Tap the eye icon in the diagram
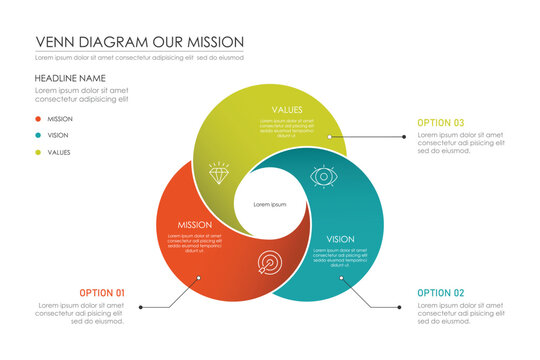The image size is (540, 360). click(322, 176)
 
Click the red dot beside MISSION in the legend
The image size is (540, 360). click(37, 119)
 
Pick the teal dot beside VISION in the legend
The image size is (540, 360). click(37, 136)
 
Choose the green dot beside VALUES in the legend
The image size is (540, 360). click(37, 153)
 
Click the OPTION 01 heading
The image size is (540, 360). click(102, 293)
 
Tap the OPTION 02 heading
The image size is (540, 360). click(441, 293)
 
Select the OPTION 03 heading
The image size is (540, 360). click(441, 123)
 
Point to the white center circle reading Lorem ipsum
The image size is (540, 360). click(270, 204)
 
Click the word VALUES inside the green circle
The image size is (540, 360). click(288, 109)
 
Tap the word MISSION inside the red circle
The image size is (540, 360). click(195, 225)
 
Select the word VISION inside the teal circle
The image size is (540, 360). click(340, 239)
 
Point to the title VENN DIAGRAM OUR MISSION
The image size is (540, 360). click(139, 42)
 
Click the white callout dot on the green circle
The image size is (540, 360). click(330, 135)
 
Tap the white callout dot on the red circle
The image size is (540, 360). click(198, 278)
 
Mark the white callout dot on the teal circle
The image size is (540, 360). click(342, 279)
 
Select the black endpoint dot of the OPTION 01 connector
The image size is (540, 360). click(140, 307)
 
